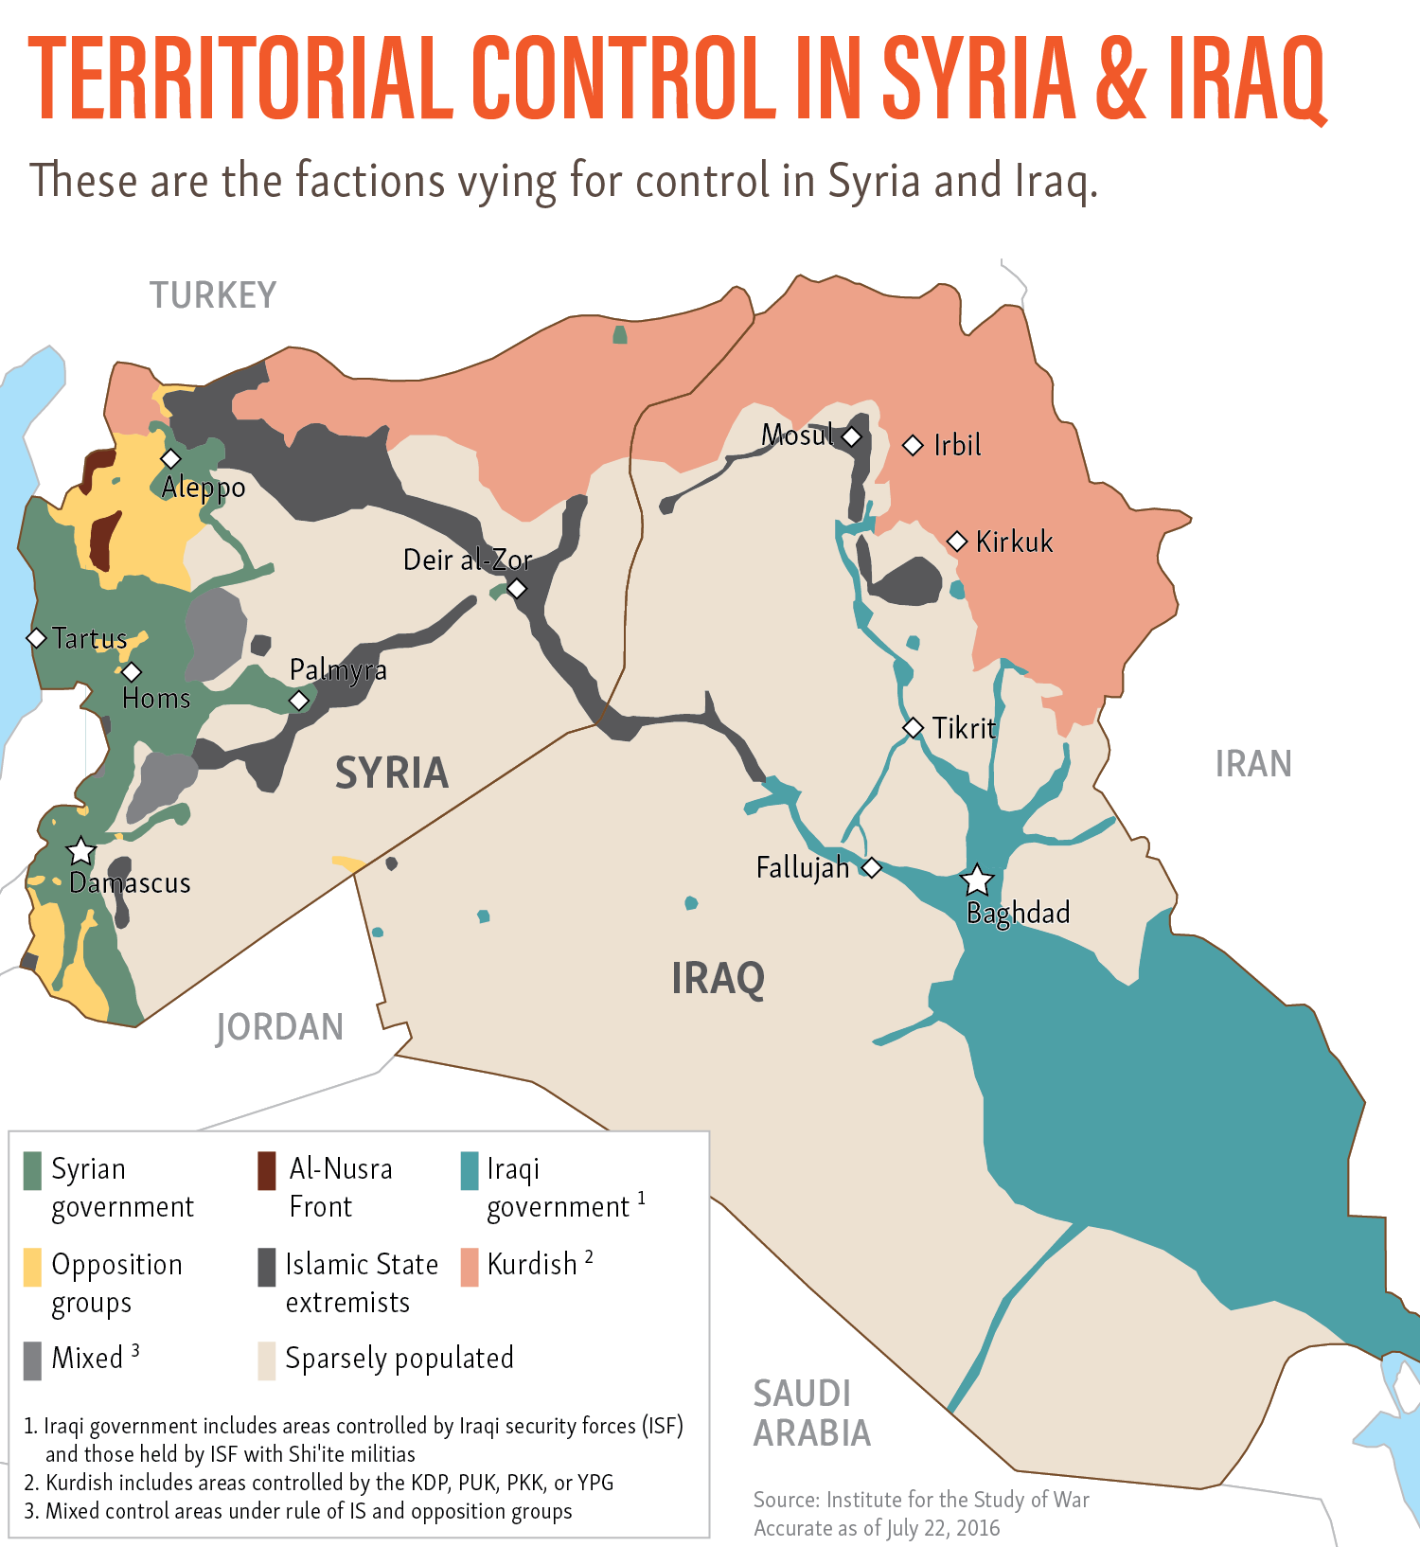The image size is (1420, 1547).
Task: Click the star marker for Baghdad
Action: pyautogui.click(x=977, y=880)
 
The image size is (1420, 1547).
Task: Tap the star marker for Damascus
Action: pyautogui.click(x=81, y=851)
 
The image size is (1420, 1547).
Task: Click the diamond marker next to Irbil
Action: pyautogui.click(x=913, y=445)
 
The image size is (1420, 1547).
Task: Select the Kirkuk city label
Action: pyautogui.click(x=1014, y=542)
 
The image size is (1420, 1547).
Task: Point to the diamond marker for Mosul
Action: pyautogui.click(x=852, y=436)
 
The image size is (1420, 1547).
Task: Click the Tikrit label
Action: pyautogui.click(x=964, y=728)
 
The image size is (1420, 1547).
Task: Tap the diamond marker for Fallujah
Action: pyautogui.click(x=872, y=867)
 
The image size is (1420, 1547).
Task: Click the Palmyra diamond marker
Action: pyautogui.click(x=299, y=701)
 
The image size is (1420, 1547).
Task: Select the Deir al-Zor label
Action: pyautogui.click(x=467, y=560)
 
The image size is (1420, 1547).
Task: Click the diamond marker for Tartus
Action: pyautogui.click(x=36, y=638)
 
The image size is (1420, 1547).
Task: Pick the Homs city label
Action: pyautogui.click(x=156, y=699)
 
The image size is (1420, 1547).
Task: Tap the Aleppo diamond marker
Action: pyautogui.click(x=170, y=458)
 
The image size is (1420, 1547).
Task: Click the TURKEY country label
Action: pyautogui.click(x=213, y=295)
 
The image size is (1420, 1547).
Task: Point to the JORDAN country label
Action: pyautogui.click(x=279, y=1027)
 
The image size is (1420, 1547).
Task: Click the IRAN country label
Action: pyautogui.click(x=1253, y=764)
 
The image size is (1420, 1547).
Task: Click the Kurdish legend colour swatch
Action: pyautogui.click(x=469, y=1267)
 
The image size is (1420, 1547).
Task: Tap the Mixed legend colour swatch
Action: pyautogui.click(x=33, y=1360)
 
